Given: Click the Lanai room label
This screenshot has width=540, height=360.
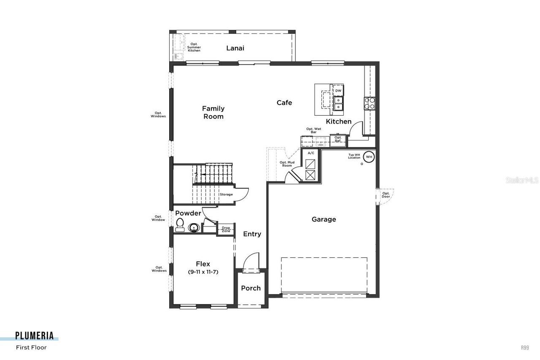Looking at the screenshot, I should (235, 48).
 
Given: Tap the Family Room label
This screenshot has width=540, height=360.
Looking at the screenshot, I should (213, 112).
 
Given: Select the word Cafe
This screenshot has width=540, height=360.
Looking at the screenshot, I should (284, 103).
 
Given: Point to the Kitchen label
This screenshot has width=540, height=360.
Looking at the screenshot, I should (338, 122).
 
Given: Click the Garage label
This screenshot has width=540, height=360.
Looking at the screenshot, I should (324, 219).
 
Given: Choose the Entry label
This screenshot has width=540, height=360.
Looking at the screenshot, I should (252, 234).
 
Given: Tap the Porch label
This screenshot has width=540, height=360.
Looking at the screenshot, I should (251, 288).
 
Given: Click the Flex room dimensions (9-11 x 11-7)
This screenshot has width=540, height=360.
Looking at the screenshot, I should (203, 272).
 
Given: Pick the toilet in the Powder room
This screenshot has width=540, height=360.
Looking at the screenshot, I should (180, 225).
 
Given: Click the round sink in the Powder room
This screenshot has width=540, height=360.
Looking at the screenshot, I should (194, 228).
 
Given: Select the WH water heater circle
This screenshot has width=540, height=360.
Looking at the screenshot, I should (369, 157).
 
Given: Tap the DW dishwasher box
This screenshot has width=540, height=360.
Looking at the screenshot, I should (338, 91).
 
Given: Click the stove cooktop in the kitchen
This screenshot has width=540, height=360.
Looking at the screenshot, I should (370, 103).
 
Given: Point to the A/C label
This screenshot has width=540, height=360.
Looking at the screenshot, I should (311, 153).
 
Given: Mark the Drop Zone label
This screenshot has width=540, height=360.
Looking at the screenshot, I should (226, 230).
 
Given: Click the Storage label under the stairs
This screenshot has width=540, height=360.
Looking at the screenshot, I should (226, 195).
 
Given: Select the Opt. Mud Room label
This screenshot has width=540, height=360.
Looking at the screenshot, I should (286, 164).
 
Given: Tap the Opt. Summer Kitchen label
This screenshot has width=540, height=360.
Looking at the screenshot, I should (194, 47).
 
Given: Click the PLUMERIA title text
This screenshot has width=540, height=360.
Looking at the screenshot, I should (35, 336).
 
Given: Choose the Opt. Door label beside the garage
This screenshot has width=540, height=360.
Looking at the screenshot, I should (386, 195).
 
